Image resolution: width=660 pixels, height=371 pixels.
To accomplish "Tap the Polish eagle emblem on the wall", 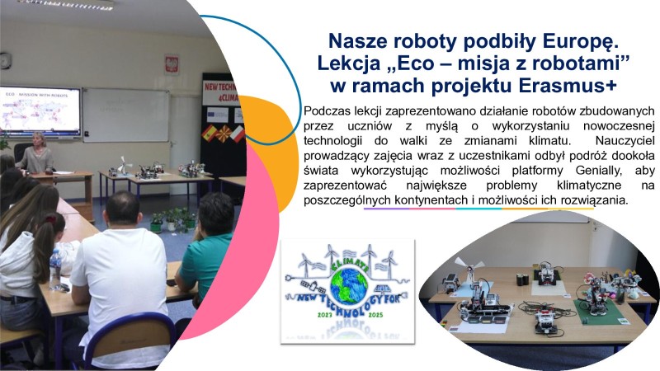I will click(x=172, y=63).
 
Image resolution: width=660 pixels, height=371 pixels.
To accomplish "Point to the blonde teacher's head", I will click(x=37, y=139).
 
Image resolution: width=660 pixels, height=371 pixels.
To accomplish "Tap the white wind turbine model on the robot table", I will click(x=473, y=272).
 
